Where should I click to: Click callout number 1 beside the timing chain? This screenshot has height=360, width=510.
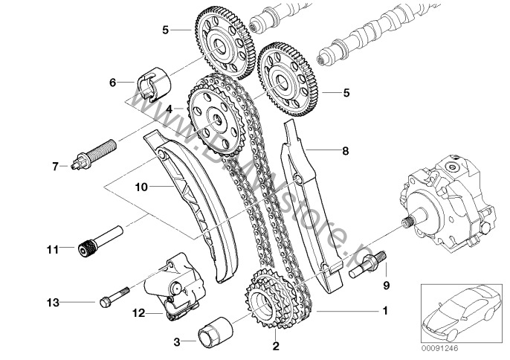384,309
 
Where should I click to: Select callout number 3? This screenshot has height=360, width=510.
176,342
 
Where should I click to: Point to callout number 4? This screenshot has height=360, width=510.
170,109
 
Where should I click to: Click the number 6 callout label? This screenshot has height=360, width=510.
113,83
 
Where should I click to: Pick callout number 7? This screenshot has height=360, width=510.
55,165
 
